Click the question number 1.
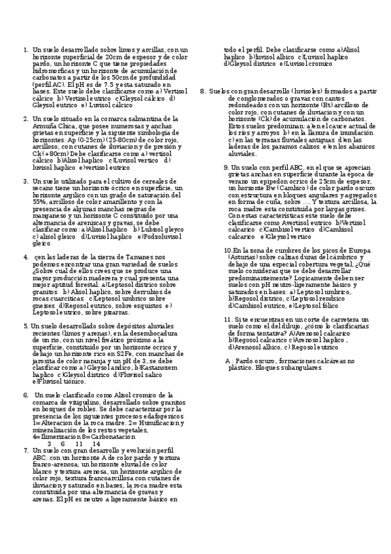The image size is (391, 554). pos(25,50)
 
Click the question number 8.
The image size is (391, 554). pos(203,91)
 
